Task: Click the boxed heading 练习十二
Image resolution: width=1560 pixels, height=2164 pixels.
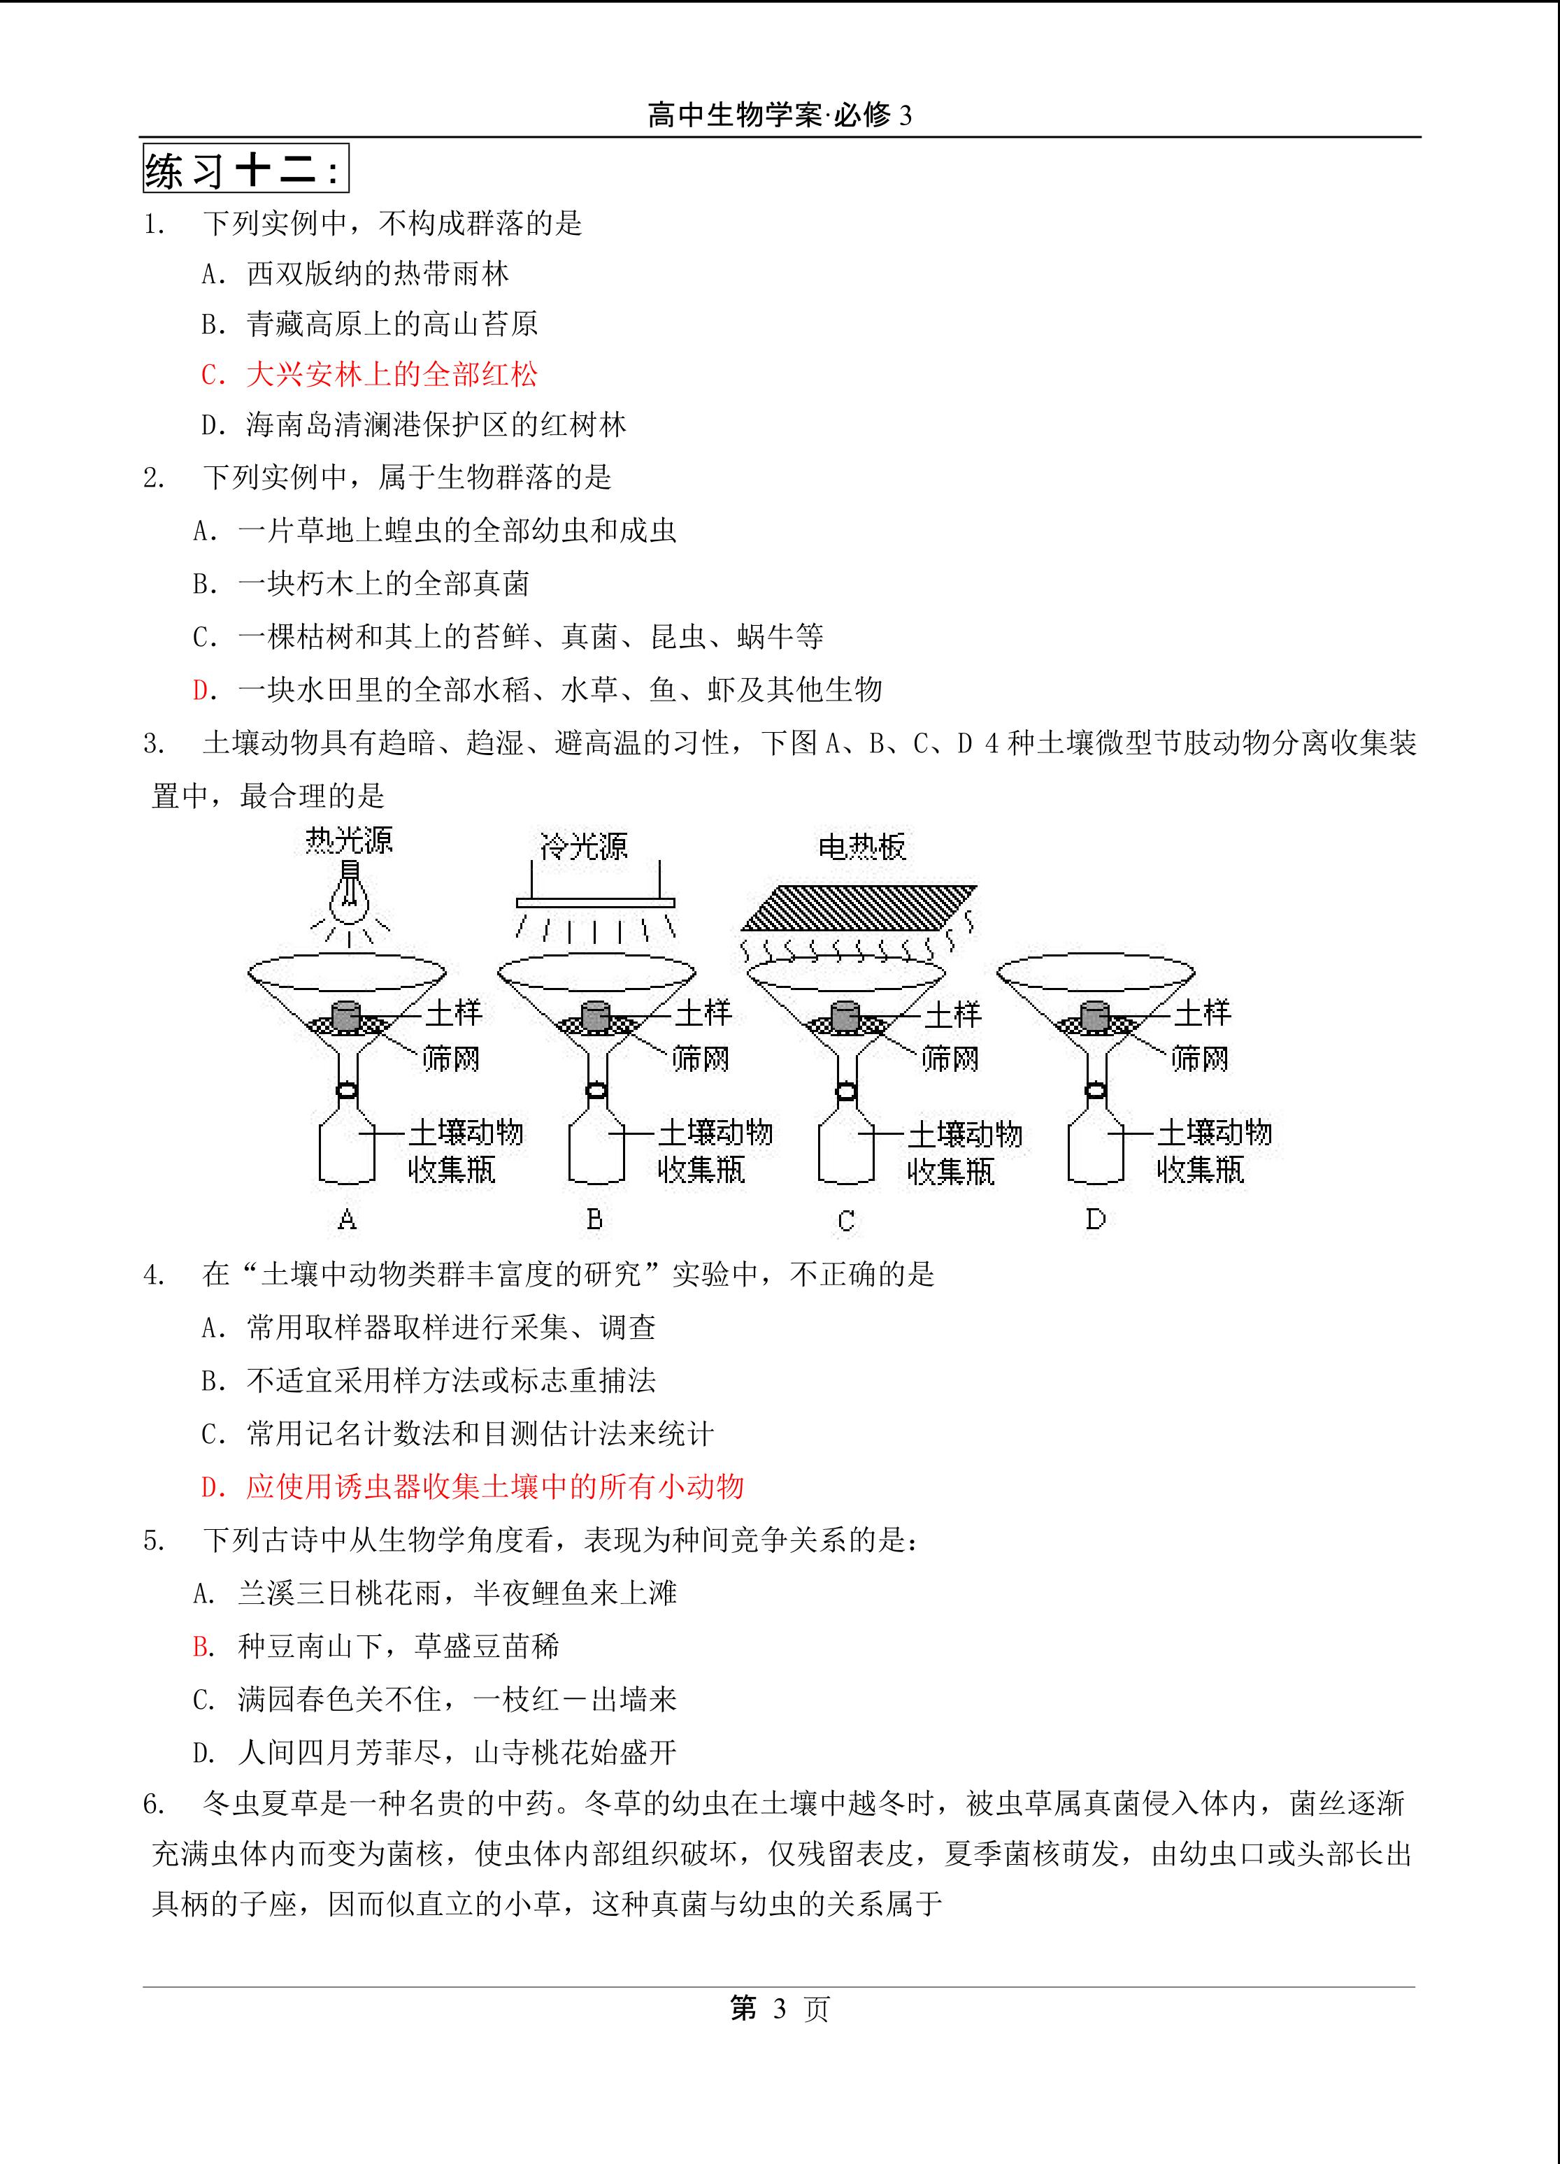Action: click(245, 170)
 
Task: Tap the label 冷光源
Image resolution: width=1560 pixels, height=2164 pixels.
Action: click(583, 845)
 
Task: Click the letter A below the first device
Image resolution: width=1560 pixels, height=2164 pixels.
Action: click(348, 1219)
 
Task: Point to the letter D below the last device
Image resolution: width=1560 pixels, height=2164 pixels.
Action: click(1095, 1219)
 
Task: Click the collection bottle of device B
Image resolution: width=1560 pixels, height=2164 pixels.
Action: click(596, 1149)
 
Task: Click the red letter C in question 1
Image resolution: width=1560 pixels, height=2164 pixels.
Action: click(212, 375)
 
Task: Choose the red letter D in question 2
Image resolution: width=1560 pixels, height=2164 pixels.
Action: click(202, 690)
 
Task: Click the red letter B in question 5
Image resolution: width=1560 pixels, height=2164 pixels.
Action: click(202, 1646)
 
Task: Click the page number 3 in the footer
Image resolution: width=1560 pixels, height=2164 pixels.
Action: click(780, 2009)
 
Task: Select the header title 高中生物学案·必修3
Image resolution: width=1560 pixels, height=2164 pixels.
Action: click(780, 115)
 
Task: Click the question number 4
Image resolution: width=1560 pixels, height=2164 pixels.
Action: click(155, 1275)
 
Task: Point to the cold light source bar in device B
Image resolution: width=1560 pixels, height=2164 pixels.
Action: click(595, 903)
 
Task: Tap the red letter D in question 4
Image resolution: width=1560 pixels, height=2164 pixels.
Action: click(212, 1486)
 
